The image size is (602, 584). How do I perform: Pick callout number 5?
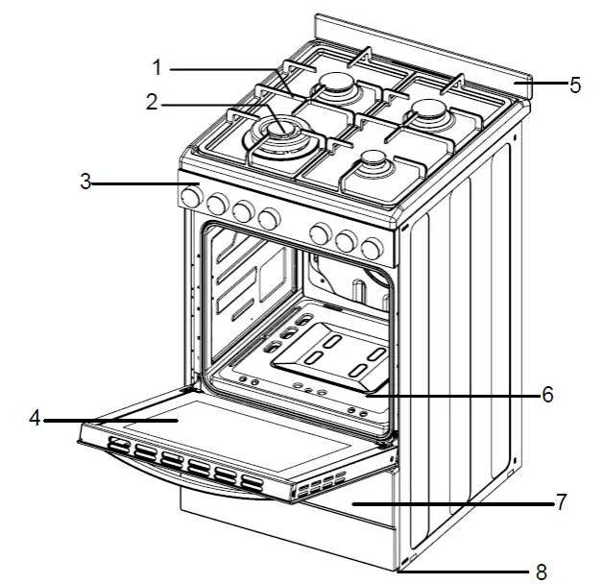click(574, 85)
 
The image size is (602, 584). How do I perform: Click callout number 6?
click(547, 395)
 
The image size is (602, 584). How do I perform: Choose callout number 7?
click(561, 501)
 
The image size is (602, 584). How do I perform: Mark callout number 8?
click(541, 572)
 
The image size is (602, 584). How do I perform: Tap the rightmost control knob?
click(370, 247)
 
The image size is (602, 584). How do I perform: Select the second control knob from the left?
click(218, 206)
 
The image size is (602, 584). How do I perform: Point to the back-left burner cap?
click(337, 86)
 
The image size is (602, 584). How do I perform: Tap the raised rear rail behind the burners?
click(422, 48)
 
